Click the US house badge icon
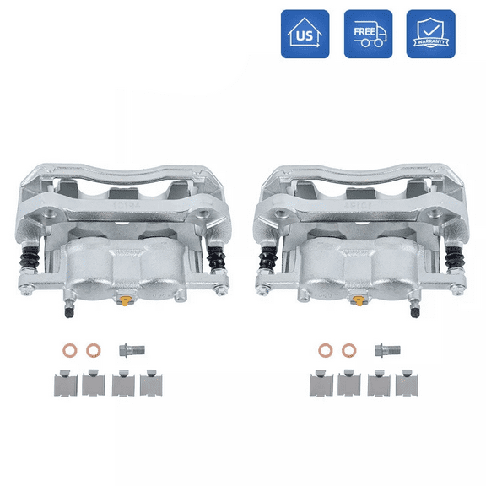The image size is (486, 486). pyautogui.click(x=305, y=34)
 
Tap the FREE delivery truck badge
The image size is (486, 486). pyautogui.click(x=368, y=34)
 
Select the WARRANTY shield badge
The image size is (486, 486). pyautogui.click(x=430, y=34)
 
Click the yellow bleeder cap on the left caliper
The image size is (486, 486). pyautogui.click(x=125, y=302)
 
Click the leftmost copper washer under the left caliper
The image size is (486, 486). pyautogui.click(x=70, y=350)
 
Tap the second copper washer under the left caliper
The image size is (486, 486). pyautogui.click(x=93, y=350)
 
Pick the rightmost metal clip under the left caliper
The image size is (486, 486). pyautogui.click(x=152, y=385)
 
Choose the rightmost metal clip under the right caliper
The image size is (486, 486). pyautogui.click(x=408, y=385)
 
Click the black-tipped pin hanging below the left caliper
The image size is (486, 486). pyautogui.click(x=65, y=310)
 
